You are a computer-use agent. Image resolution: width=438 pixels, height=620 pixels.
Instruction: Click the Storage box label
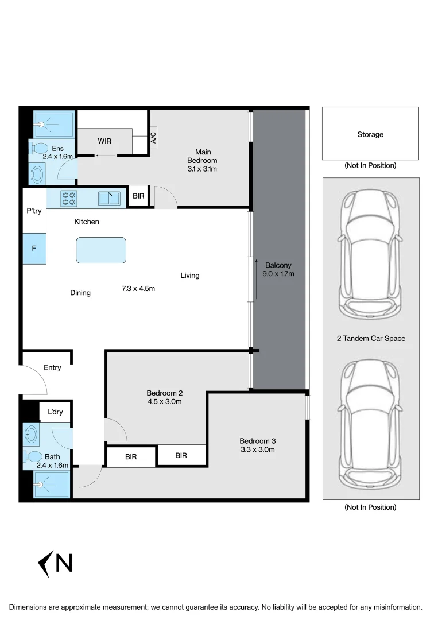pyautogui.click(x=370, y=134)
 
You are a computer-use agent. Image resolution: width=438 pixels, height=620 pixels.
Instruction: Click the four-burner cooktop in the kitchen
pyautogui.click(x=69, y=199)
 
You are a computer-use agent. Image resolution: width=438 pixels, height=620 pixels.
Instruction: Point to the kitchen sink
pyautogui.click(x=108, y=199)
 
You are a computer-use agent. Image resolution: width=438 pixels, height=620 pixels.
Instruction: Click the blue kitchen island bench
pyautogui.click(x=101, y=250)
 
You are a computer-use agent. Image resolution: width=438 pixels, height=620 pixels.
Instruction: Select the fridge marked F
pyautogui.click(x=34, y=249)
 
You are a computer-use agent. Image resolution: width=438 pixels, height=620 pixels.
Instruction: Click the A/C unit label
pyautogui.click(x=153, y=138)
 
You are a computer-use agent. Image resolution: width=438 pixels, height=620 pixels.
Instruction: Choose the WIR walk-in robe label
pyautogui.click(x=104, y=141)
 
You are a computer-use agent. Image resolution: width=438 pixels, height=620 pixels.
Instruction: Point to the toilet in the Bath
pyautogui.click(x=33, y=457)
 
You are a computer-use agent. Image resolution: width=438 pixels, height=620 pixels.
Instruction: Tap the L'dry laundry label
pyautogui.click(x=55, y=412)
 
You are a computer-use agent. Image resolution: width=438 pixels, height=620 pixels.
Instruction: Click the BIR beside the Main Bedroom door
pyautogui.click(x=138, y=196)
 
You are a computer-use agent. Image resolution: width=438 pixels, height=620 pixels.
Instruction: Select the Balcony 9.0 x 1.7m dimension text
pyautogui.click(x=278, y=274)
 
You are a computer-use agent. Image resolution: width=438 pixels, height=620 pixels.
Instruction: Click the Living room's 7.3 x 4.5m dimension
pyautogui.click(x=138, y=289)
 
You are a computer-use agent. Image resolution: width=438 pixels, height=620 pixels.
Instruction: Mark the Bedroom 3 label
pyautogui.click(x=258, y=441)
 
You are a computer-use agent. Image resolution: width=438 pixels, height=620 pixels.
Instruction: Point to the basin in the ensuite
pyautogui.click(x=37, y=175)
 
